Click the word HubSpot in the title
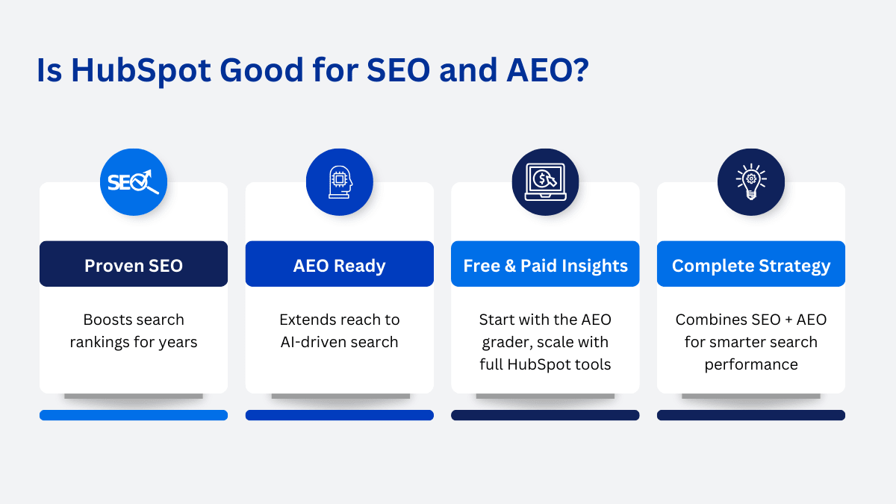pyautogui.click(x=141, y=71)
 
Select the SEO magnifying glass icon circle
pyautogui.click(x=134, y=182)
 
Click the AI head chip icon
pyautogui.click(x=340, y=182)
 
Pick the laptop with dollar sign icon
pyautogui.click(x=546, y=182)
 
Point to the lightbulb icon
pyautogui.click(x=751, y=181)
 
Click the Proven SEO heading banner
pyautogui.click(x=134, y=264)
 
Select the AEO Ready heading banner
pyautogui.click(x=340, y=264)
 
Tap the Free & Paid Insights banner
pyautogui.click(x=545, y=264)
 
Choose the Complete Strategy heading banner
pyautogui.click(x=751, y=264)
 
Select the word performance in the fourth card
pyautogui.click(x=751, y=365)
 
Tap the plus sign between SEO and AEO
pyautogui.click(x=788, y=320)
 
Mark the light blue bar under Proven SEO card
pyautogui.click(x=134, y=415)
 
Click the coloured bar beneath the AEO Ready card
pyautogui.click(x=340, y=415)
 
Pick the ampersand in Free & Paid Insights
pyautogui.click(x=510, y=266)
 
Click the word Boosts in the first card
pyautogui.click(x=105, y=320)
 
